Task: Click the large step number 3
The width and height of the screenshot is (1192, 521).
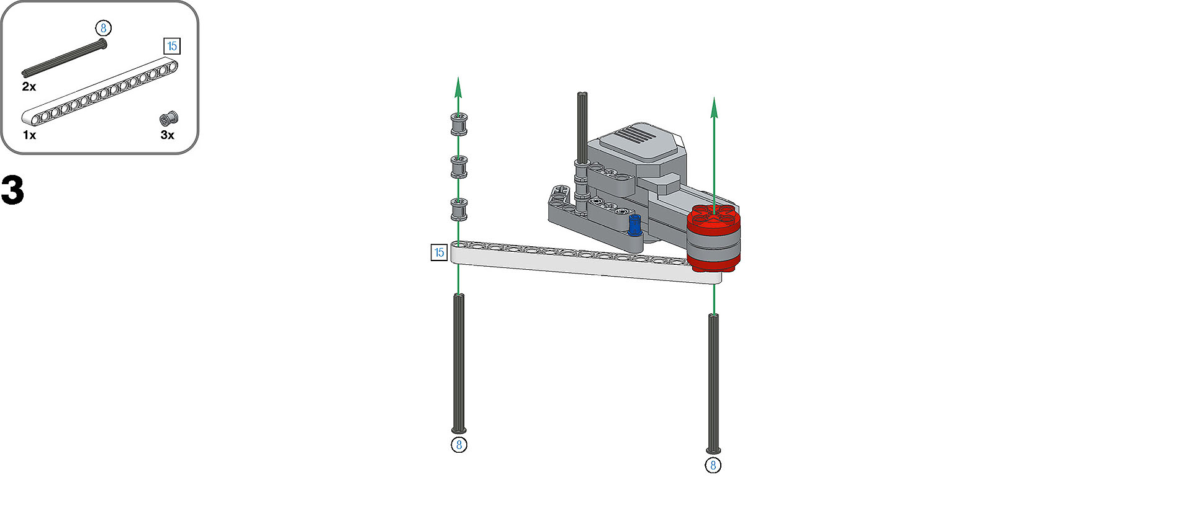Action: coord(12,190)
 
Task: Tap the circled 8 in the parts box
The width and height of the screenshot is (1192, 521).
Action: coord(104,28)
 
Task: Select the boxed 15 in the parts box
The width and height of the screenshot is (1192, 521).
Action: coord(172,46)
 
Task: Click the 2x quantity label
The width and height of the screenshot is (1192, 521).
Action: coord(29,87)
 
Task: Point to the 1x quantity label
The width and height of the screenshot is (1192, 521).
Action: coord(29,135)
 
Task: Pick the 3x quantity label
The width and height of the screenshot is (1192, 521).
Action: coord(168,135)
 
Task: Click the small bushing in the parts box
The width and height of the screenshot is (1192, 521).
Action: coord(169,118)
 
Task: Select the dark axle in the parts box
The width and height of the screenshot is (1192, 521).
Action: coord(65,58)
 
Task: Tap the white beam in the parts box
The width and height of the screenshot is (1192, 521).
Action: coord(100,91)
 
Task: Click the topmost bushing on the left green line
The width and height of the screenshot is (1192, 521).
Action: coord(459,124)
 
